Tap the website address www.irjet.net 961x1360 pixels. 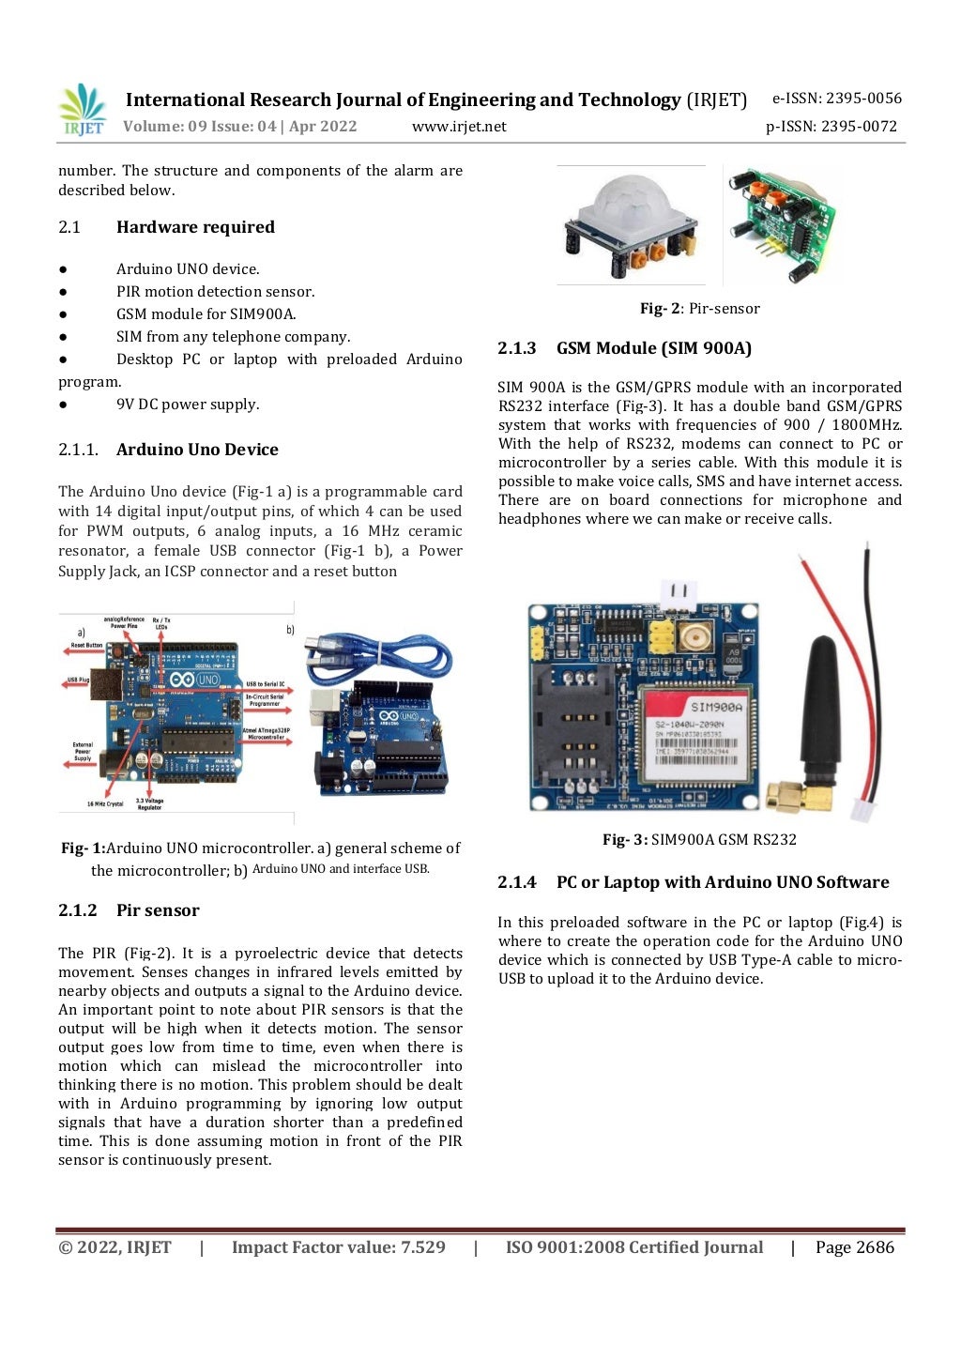pos(459,127)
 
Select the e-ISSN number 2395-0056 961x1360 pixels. pos(837,99)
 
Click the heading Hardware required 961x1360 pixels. pos(195,227)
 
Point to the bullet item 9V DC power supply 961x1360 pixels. pos(188,405)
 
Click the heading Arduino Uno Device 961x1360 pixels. pos(197,450)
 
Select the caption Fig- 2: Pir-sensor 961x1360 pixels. pos(699,309)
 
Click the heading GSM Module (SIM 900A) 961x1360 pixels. pos(653,348)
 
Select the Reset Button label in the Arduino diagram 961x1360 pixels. pos(86,646)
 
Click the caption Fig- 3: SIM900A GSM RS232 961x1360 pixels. pos(699,840)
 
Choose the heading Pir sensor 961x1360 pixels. pos(158,910)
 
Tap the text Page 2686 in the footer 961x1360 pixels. pos(854,1247)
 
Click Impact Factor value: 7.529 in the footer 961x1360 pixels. pos(338,1247)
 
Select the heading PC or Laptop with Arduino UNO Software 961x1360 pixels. pos(722,882)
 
